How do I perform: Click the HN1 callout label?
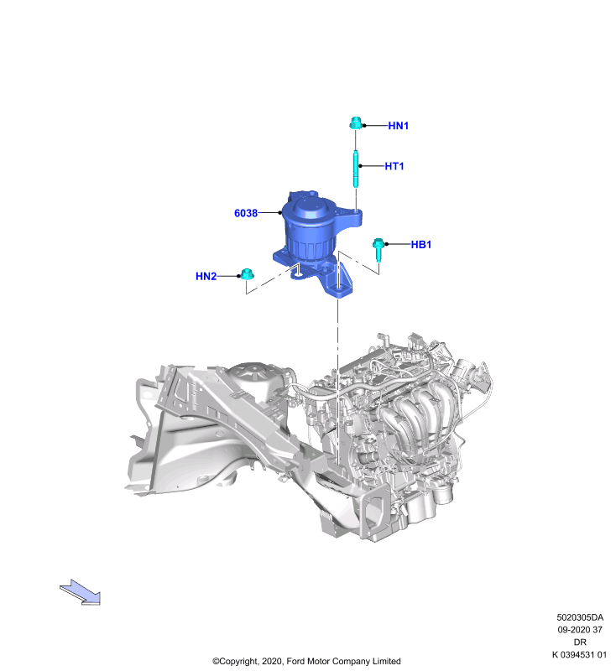pyautogui.click(x=398, y=126)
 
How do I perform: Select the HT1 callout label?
pyautogui.click(x=394, y=166)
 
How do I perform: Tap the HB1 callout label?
pyautogui.click(x=420, y=244)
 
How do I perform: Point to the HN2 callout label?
pyautogui.click(x=206, y=277)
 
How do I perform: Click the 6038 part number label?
pyautogui.click(x=246, y=213)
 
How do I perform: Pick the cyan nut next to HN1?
pyautogui.click(x=356, y=123)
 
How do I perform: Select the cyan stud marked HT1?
pyautogui.click(x=356, y=169)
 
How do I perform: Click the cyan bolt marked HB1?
pyautogui.click(x=378, y=249)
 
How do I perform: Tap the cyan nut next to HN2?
pyautogui.click(x=247, y=274)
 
